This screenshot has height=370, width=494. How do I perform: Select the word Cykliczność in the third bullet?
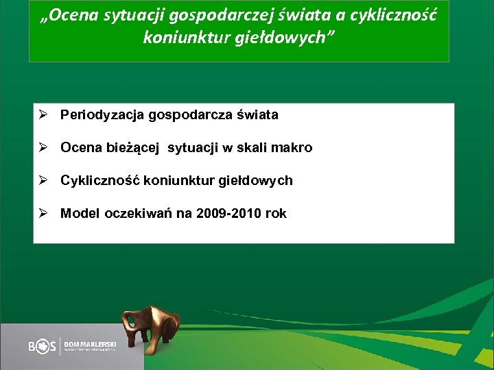pyautogui.click(x=99, y=181)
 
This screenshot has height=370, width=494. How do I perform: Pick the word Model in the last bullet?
pyautogui.click(x=80, y=214)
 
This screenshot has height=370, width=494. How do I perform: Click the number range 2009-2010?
pyautogui.click(x=229, y=214)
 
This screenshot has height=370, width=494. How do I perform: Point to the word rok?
pyautogui.click(x=276, y=214)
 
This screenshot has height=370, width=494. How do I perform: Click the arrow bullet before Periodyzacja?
pyautogui.click(x=43, y=115)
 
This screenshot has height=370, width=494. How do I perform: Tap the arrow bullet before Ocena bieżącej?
pyautogui.click(x=43, y=148)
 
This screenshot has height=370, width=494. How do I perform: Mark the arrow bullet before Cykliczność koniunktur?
pyautogui.click(x=43, y=181)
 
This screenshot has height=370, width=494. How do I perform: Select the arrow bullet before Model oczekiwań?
pyautogui.click(x=43, y=214)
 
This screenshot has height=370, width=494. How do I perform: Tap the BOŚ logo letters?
pyautogui.click(x=43, y=347)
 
